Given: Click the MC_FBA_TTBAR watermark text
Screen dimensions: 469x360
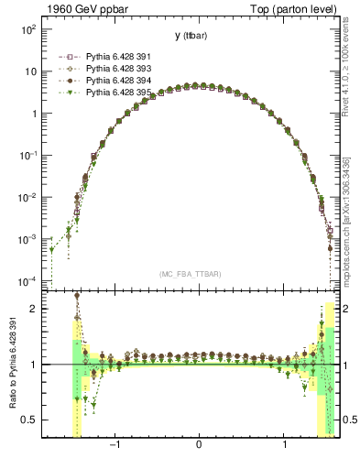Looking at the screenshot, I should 190,273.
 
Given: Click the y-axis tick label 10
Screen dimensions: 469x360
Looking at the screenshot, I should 30,71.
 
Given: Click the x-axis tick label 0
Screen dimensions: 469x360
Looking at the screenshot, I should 199,447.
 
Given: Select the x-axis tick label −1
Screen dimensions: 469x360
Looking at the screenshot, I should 115,447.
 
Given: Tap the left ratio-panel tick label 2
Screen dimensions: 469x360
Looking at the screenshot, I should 33,309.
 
